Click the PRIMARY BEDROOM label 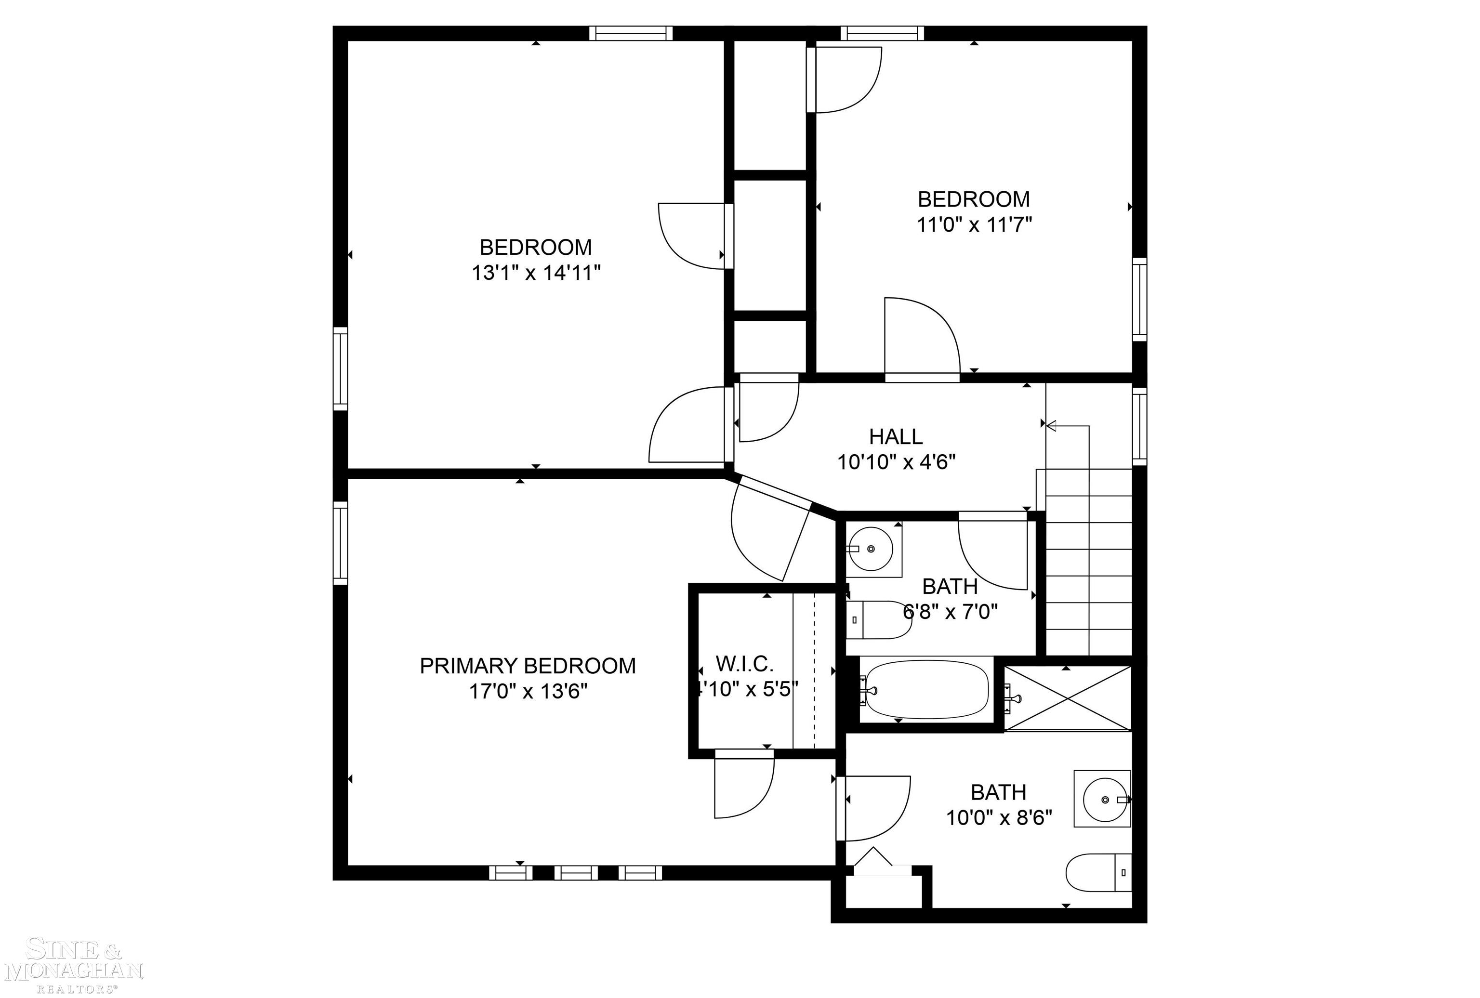pyautogui.click(x=527, y=666)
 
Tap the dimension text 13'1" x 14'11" pyautogui.click(x=536, y=273)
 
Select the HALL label pyautogui.click(x=896, y=436)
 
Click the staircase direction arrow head pyautogui.click(x=1051, y=425)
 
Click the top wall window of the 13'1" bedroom pyautogui.click(x=630, y=33)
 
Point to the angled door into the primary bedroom pyautogui.click(x=770, y=535)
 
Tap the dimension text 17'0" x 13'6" pyautogui.click(x=528, y=691)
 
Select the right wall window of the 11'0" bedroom pyautogui.click(x=1139, y=299)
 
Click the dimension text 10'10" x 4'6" pyautogui.click(x=896, y=462)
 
